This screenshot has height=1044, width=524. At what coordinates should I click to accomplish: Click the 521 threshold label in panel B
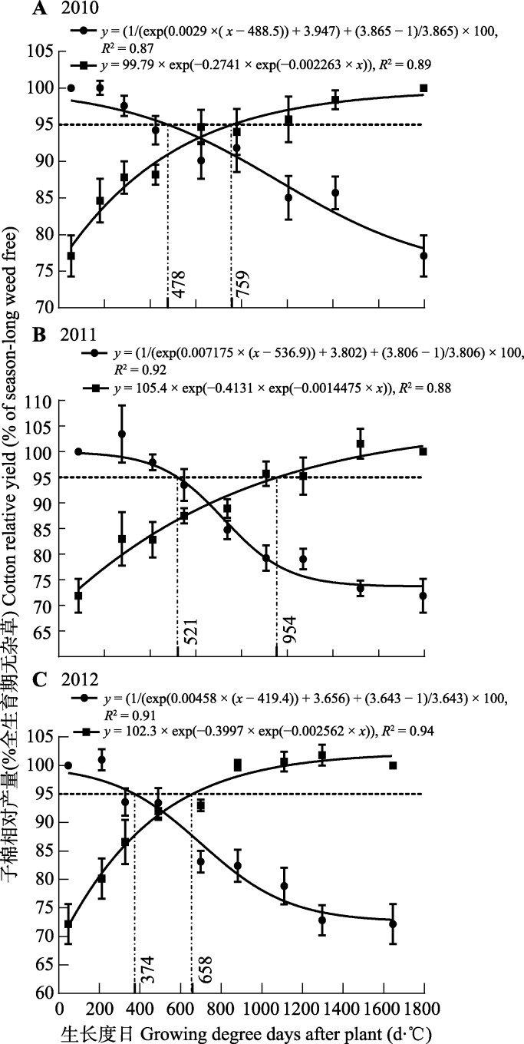(x=187, y=634)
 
